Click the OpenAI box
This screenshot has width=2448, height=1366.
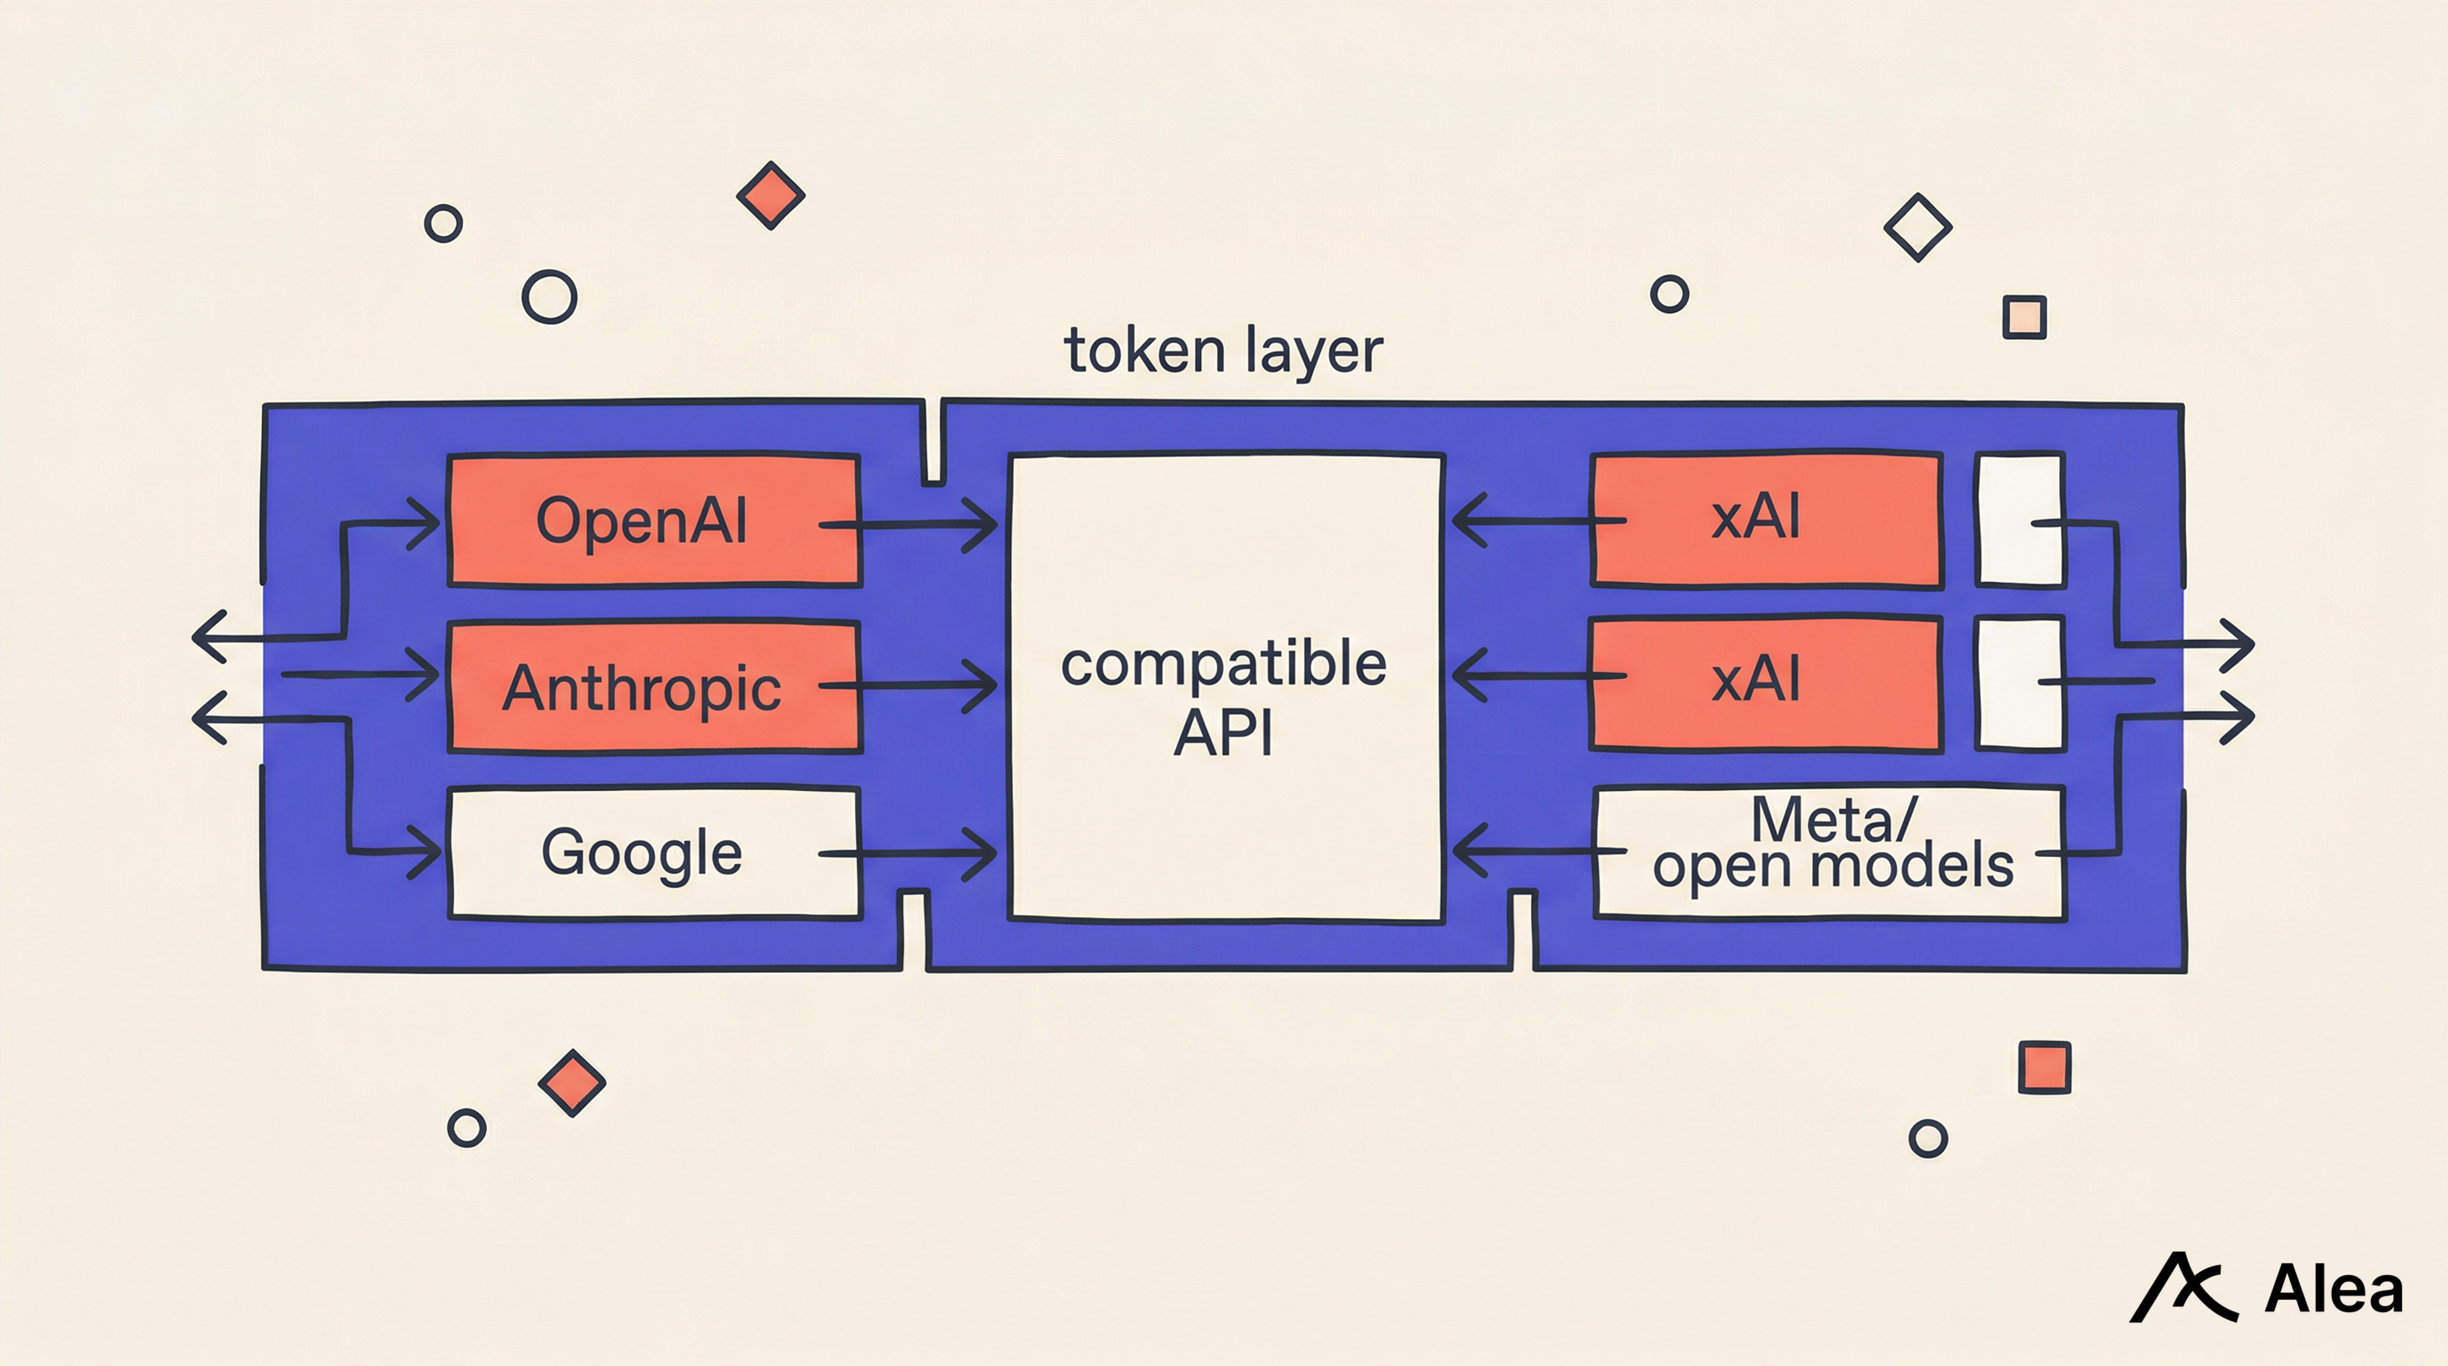(654, 521)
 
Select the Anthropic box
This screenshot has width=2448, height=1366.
(654, 686)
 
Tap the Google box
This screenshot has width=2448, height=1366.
(654, 852)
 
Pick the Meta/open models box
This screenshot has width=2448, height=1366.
(1830, 852)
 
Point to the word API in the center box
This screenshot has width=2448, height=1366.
(1223, 732)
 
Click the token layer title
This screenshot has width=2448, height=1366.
(1223, 351)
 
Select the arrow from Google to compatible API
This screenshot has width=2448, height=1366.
(908, 853)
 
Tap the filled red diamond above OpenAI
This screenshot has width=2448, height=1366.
(771, 196)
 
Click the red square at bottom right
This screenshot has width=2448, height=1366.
(2044, 1068)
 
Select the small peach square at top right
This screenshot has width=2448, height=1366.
(2024, 317)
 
